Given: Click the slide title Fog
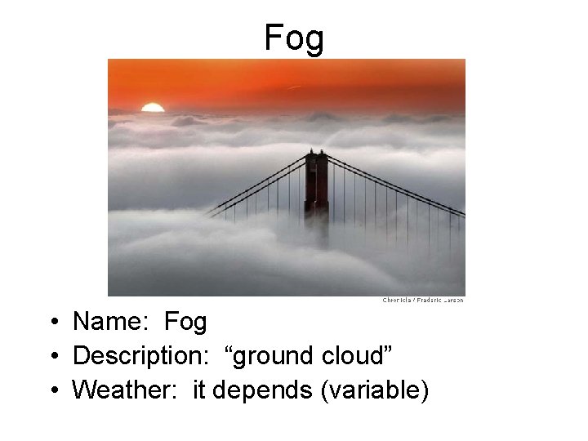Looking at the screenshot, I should [294, 38].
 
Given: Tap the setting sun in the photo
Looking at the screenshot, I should [153, 108].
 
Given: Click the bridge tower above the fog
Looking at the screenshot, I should [316, 185].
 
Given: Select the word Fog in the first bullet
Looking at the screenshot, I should [185, 322].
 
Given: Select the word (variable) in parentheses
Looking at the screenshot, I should [375, 390].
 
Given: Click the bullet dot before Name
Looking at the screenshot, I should [51, 323].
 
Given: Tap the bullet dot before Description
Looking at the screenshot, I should [51, 357].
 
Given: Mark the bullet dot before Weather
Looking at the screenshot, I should [51, 391].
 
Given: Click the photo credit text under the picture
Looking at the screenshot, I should [423, 301].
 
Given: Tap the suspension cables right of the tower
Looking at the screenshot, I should [392, 186].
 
